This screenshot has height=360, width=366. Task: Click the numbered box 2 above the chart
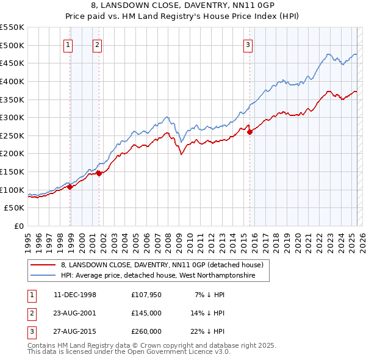click(x=97, y=44)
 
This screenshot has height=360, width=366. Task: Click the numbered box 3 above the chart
click(x=248, y=44)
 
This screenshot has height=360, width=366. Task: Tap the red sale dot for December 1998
click(x=70, y=187)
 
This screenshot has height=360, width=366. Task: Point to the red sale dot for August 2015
click(x=249, y=132)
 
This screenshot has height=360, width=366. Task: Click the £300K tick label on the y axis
click(x=12, y=117)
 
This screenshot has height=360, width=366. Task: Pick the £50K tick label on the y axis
click(x=15, y=208)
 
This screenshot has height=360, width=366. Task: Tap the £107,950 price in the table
click(x=146, y=295)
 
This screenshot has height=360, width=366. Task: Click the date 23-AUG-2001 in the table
click(x=75, y=313)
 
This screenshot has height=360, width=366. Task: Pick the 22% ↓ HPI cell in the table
click(x=207, y=331)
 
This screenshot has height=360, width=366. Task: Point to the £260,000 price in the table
click(x=146, y=331)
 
